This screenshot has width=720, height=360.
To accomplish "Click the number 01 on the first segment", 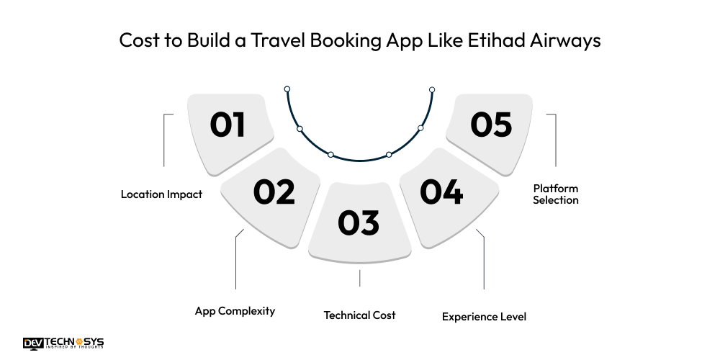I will tap(228, 125).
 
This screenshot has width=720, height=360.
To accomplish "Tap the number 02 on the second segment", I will tap(274, 192).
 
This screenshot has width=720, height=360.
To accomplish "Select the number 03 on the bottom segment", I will tap(359, 222).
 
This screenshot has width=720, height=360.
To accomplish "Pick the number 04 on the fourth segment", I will tap(441, 192).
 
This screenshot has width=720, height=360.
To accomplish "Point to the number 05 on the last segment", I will tap(491, 125).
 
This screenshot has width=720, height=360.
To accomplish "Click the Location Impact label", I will tap(161, 194).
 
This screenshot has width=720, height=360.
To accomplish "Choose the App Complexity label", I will tap(235, 311).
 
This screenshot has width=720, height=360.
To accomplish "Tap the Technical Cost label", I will tap(359, 315).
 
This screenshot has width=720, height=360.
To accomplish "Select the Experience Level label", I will tap(484, 316).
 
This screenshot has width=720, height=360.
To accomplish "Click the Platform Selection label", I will tap(555, 194).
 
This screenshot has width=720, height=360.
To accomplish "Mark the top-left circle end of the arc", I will tap(287, 89).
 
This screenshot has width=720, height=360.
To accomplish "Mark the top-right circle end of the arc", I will tap(432, 90).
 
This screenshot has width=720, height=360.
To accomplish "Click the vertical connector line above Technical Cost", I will tap(359, 278).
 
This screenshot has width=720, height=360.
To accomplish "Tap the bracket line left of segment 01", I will tap(164, 140).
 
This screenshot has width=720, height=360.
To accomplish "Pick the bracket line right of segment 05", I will tap(555, 140).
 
